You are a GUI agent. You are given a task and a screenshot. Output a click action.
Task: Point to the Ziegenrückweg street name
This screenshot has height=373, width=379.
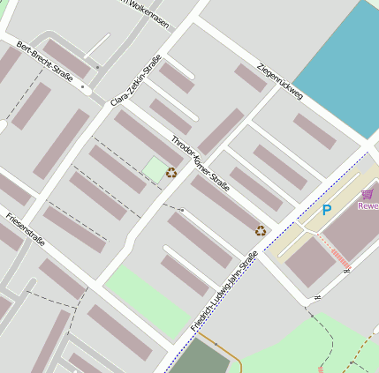(x=280, y=80)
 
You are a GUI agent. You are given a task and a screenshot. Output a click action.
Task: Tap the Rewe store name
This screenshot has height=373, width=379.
(x=367, y=206)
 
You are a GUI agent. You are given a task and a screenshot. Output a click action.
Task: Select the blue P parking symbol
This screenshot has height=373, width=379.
(x=326, y=210)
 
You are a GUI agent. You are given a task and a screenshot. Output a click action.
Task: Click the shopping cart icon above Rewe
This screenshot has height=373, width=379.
(x=368, y=194)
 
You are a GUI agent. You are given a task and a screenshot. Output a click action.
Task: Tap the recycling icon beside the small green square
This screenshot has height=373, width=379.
(x=171, y=173)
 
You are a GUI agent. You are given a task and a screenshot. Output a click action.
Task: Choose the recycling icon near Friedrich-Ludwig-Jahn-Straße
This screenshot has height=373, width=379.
(x=261, y=231)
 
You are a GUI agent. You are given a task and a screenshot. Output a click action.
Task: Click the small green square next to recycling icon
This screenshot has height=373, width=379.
(x=155, y=169)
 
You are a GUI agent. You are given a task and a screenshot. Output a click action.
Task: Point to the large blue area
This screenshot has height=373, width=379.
(x=340, y=66)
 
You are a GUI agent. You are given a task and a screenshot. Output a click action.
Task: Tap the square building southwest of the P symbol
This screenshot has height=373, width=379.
(x=308, y=262)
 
